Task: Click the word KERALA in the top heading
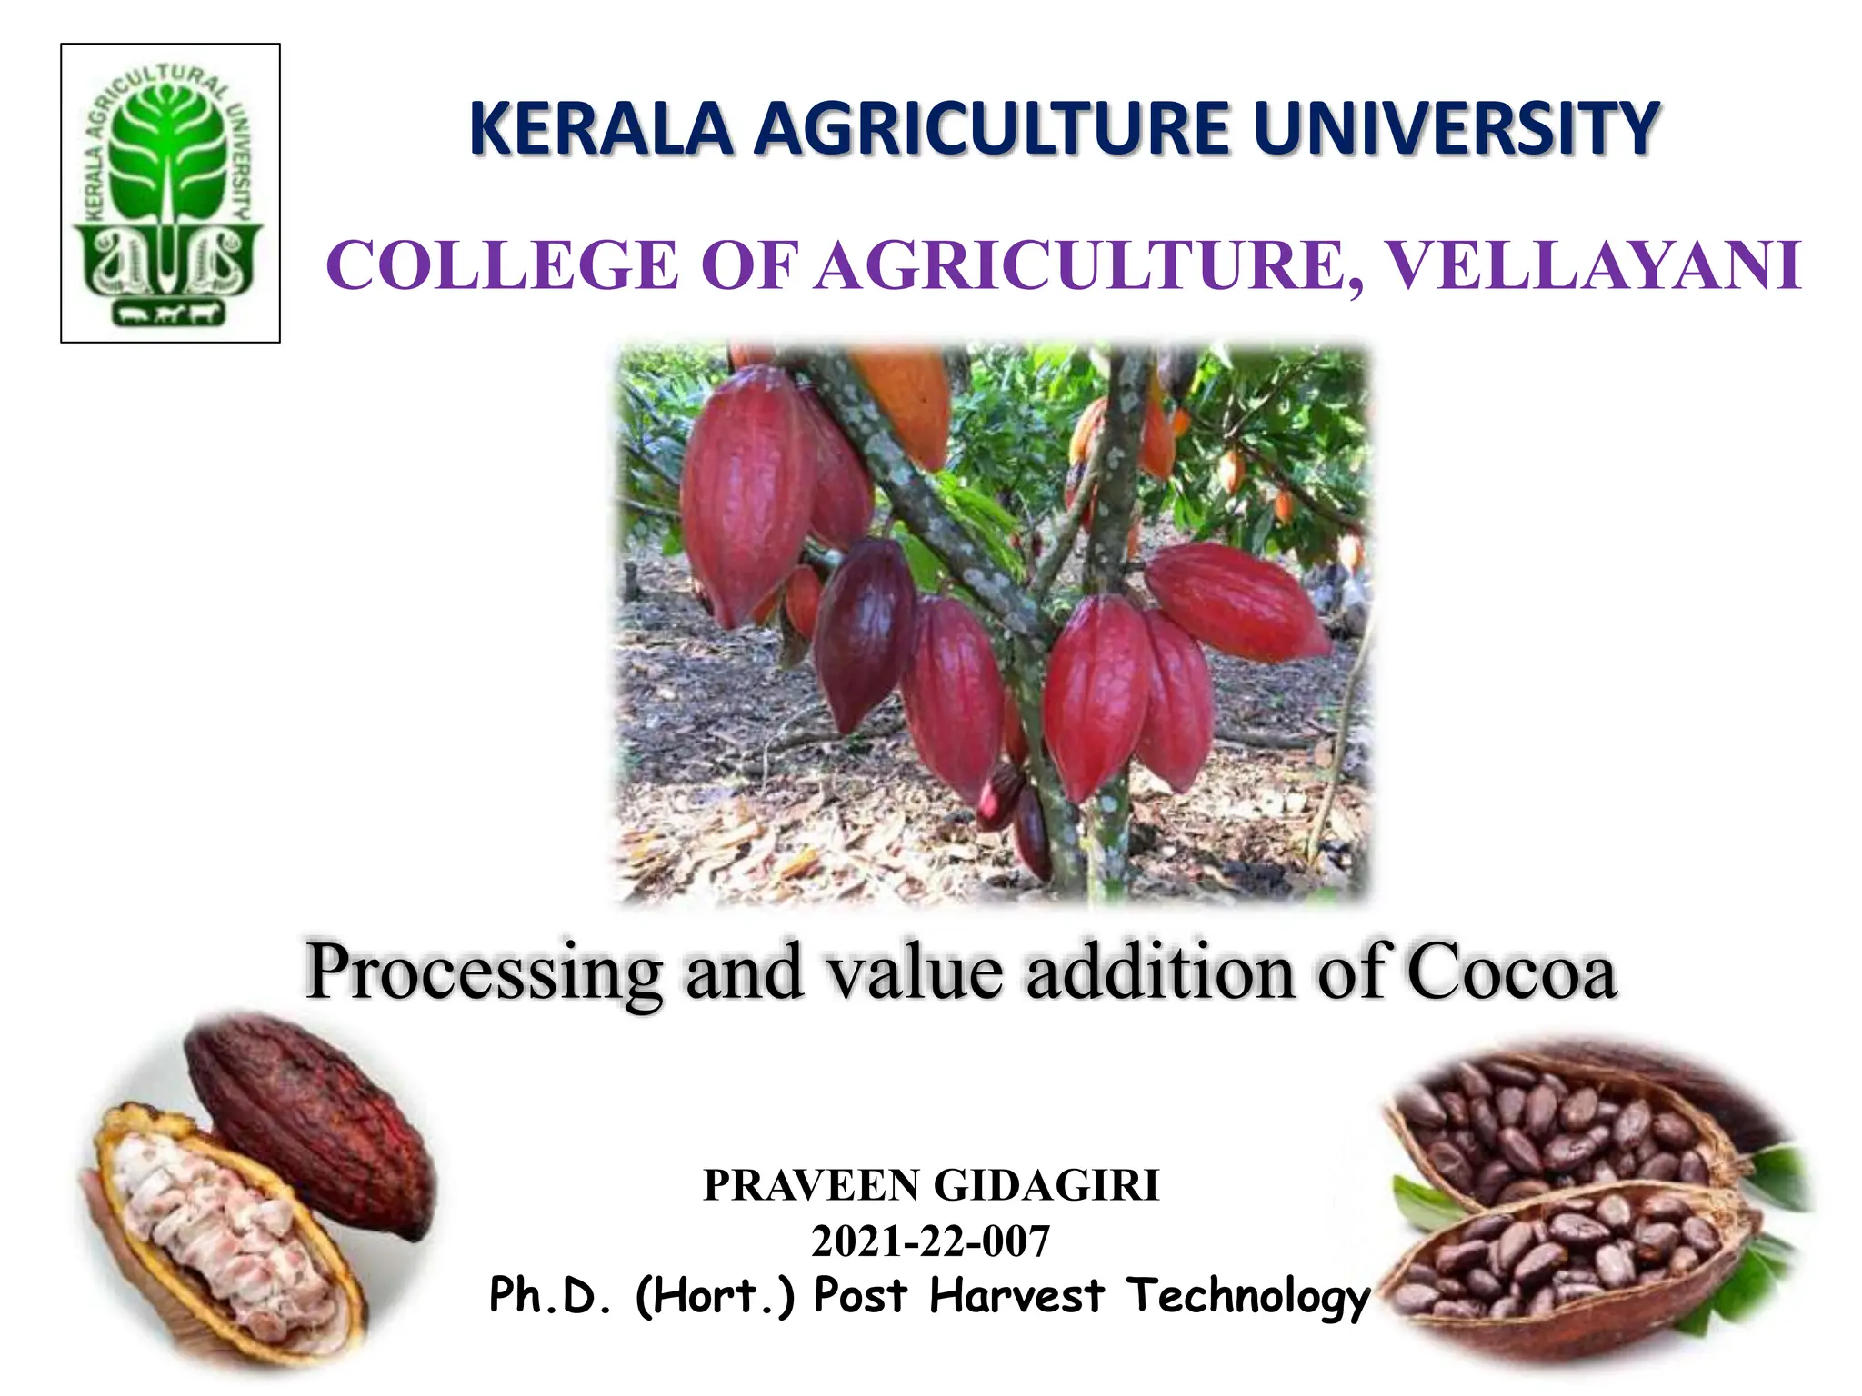[x=601, y=130]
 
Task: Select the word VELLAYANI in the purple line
[x=1596, y=266]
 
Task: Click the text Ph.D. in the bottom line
[x=551, y=1296]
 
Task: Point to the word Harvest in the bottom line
[x=1016, y=1296]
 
